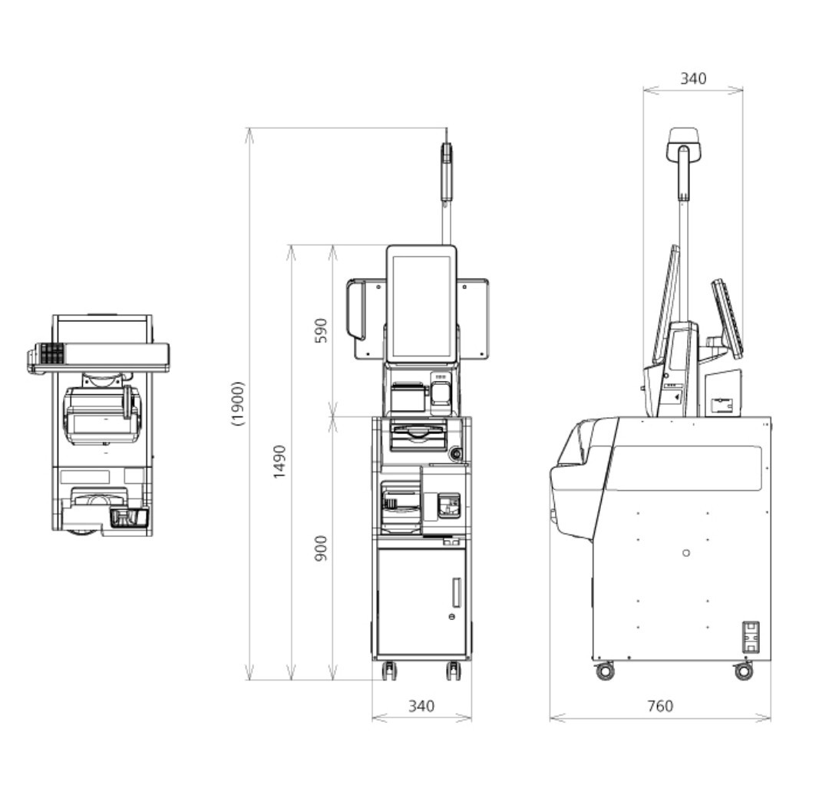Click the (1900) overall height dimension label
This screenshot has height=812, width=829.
pos(239,403)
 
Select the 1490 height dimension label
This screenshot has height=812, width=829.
pos(279,462)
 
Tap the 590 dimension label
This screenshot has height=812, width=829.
pos(321,330)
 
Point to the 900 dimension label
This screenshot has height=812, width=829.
pos(321,548)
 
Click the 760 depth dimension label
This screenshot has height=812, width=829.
pos(660,706)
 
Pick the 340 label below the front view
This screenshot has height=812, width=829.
pos(421,706)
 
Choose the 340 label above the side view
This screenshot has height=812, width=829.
pos(693,78)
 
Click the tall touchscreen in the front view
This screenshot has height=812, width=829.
pos(421,304)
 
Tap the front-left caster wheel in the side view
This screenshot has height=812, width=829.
pos(605,671)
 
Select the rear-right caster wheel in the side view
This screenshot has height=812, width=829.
pos(744,671)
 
